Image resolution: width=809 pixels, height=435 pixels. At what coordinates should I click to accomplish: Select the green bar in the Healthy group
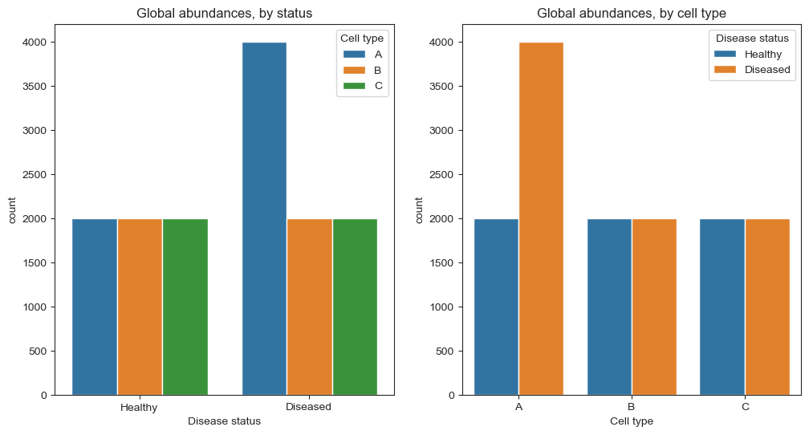point(185,307)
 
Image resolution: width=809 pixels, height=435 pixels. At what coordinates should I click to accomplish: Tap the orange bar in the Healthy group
point(140,307)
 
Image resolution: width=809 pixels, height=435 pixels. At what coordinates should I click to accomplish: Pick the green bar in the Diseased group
point(355,307)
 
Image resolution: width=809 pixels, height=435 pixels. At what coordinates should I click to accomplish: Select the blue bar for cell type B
point(609,307)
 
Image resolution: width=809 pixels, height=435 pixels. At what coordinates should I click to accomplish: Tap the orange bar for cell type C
point(767,307)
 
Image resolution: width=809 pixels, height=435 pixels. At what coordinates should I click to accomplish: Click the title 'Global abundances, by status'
point(225,13)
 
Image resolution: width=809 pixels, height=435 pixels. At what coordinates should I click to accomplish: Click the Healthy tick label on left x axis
point(139,407)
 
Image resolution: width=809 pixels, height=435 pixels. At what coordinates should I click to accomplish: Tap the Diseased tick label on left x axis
point(309,407)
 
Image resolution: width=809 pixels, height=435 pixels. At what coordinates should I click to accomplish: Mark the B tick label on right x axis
point(632,407)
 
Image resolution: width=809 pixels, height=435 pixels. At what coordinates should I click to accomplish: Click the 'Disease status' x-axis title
point(224,421)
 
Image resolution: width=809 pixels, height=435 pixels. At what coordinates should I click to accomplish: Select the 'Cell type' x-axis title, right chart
point(632,421)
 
